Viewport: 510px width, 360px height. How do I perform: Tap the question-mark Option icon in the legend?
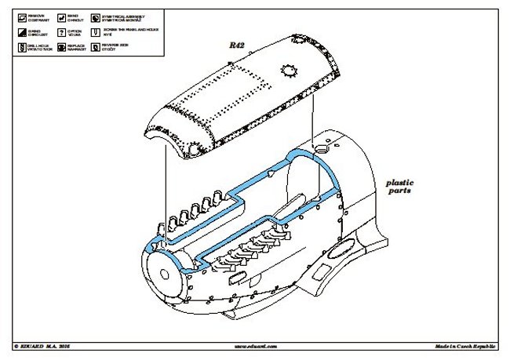point(58,32)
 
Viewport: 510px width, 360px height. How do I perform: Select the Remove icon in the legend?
point(20,16)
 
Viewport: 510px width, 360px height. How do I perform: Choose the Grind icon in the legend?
point(20,32)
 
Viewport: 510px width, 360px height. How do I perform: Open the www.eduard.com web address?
point(254,346)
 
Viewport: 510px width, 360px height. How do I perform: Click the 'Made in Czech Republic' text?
point(467,346)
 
